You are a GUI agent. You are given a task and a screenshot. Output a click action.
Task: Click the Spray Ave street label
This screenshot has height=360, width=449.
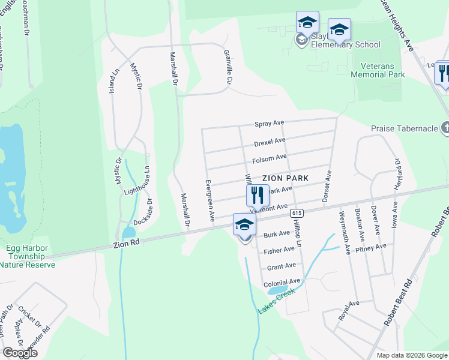click(269, 123)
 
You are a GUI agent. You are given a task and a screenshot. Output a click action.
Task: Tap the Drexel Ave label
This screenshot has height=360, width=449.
click(269, 142)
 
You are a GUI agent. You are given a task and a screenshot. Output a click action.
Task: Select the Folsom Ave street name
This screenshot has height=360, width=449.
click(269, 158)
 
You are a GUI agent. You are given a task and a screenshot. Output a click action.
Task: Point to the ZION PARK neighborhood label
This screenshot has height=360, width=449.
click(285, 178)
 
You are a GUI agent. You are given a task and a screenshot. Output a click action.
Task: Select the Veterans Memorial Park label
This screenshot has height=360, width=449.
click(378, 70)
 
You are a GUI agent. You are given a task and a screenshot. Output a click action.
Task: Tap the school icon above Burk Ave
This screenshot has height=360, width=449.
click(244, 225)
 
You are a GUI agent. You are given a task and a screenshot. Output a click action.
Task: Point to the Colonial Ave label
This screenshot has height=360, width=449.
click(282, 282)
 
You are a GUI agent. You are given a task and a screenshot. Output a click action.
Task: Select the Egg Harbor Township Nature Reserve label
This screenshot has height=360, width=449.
click(25, 255)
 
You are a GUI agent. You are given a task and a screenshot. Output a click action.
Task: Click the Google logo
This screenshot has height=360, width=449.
click(20, 353)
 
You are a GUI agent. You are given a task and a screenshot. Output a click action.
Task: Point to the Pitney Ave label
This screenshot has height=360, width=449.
click(370, 248)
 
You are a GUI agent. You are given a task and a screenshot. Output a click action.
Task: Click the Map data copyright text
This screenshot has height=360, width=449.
click(412, 355)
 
